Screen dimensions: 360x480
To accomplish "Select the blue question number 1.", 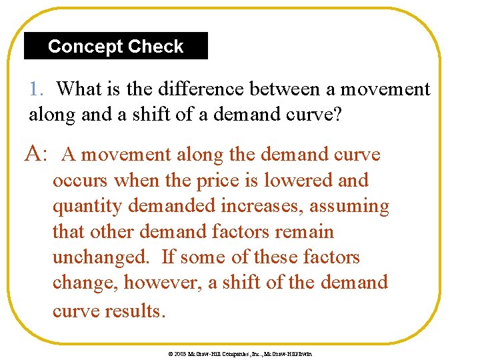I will tap(35, 89).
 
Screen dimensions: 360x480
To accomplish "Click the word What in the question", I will tap(79, 89).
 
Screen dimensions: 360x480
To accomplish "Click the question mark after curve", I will tap(337, 115).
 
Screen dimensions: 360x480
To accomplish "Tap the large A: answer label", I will tap(35, 155).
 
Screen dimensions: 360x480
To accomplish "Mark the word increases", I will tap(264, 207).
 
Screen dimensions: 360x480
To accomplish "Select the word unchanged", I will tap(106, 258).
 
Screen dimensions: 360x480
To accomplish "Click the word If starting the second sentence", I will tap(169, 257).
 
